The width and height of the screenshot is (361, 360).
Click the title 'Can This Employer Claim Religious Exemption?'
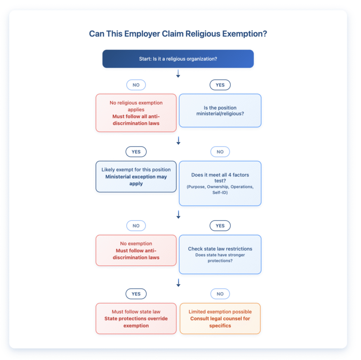click(x=178, y=34)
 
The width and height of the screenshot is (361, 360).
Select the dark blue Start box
click(x=178, y=59)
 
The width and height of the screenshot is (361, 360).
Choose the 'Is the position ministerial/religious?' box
click(x=220, y=111)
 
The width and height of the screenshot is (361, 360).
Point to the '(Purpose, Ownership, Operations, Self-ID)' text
click(x=220, y=190)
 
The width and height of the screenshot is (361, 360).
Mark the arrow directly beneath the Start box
click(x=178, y=74)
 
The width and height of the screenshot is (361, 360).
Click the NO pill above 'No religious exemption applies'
click(x=136, y=85)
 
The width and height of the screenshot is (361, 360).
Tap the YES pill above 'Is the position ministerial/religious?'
click(x=220, y=85)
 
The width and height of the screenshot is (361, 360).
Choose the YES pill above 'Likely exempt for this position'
click(x=136, y=152)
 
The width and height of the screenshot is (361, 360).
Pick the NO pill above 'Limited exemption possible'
click(x=220, y=294)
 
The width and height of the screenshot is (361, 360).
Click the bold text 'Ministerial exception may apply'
click(x=136, y=180)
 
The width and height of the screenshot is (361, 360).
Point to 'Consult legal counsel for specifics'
click(x=220, y=322)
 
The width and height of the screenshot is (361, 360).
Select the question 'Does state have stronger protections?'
click(x=220, y=258)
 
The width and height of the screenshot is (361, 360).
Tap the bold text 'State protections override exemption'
click(x=136, y=322)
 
